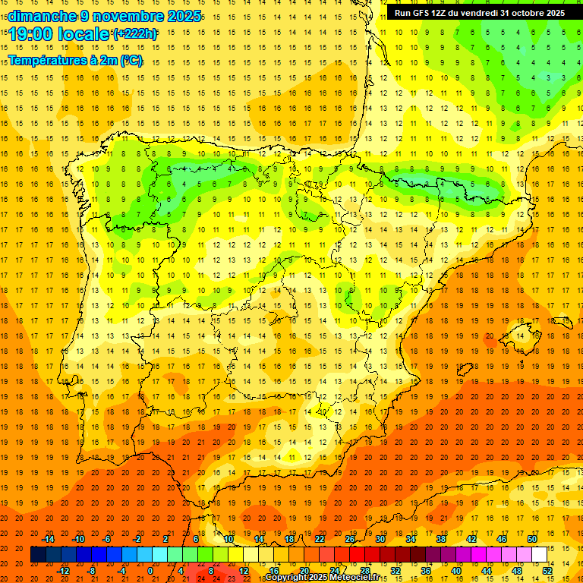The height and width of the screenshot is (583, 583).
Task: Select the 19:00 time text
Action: click(32, 34)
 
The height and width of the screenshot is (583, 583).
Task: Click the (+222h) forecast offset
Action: click(135, 34)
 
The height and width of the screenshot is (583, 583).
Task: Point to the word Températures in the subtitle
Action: click(47, 60)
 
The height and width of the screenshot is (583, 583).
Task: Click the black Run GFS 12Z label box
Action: click(479, 12)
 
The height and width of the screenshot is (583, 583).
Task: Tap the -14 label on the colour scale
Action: click(48, 539)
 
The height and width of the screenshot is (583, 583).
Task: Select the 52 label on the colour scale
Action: click(547, 571)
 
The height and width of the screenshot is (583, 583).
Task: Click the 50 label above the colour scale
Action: click(532, 539)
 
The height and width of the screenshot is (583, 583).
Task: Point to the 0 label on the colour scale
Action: click(150, 571)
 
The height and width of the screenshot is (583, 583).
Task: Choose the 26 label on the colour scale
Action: click(350, 539)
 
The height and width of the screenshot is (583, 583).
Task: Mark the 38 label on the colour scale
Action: click(440, 539)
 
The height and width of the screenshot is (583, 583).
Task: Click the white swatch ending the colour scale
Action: click(539, 555)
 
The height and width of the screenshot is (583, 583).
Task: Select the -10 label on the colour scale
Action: click(78, 539)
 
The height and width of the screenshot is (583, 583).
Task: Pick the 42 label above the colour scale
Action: click(471, 539)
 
